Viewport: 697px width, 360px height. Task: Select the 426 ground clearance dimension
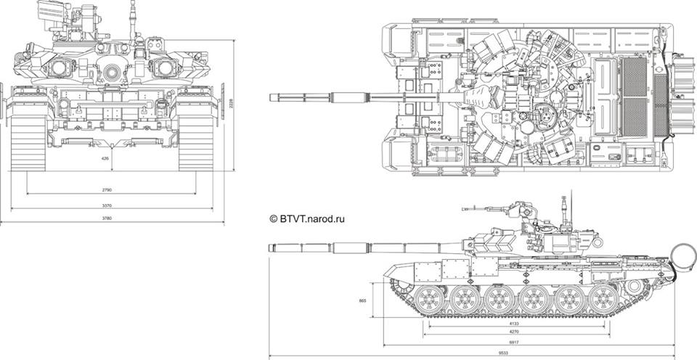[x=105, y=158]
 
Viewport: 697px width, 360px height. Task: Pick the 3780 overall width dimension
[x=107, y=218]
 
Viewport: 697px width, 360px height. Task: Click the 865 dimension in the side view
[x=363, y=300]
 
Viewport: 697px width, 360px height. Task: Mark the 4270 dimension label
[x=513, y=332]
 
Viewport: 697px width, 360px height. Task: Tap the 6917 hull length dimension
[x=513, y=341]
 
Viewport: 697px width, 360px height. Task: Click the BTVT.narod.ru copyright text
[x=306, y=217]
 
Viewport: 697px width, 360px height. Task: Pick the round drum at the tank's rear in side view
[x=682, y=255]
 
